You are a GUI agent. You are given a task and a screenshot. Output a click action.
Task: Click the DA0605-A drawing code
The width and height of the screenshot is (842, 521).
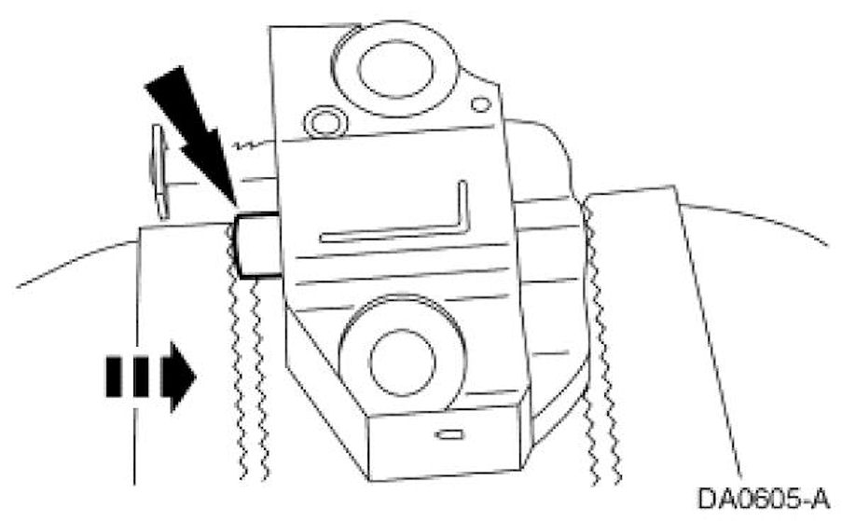pyautogui.click(x=762, y=498)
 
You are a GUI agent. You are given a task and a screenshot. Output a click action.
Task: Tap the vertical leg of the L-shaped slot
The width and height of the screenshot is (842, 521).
pyautogui.click(x=462, y=210)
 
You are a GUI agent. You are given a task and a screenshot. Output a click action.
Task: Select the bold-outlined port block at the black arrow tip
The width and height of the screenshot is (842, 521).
pyautogui.click(x=257, y=244)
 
